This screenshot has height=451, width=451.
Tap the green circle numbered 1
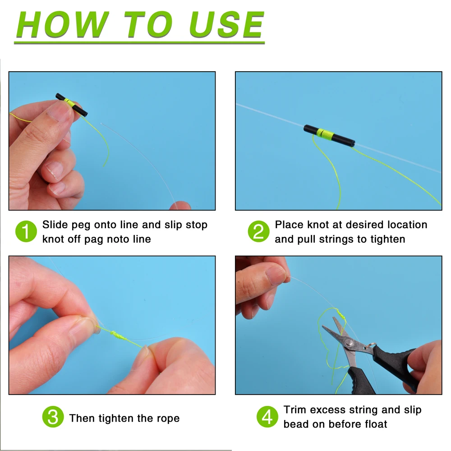26,232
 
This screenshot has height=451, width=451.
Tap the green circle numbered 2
258,232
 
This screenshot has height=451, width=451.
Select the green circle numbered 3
53,417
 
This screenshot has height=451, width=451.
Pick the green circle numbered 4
267,417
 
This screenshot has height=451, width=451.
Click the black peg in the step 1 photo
71,105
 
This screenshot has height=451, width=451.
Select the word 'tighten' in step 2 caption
387,239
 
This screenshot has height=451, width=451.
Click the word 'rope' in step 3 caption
168,419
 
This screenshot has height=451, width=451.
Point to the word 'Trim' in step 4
295,410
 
